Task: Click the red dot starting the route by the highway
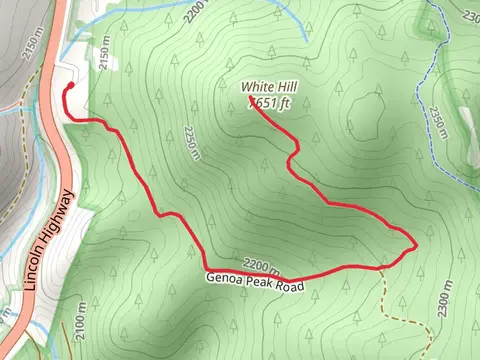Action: click(70, 88)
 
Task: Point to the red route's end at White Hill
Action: click(249, 105)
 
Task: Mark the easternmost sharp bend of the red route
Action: click(414, 245)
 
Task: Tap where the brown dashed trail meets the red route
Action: click(381, 266)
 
